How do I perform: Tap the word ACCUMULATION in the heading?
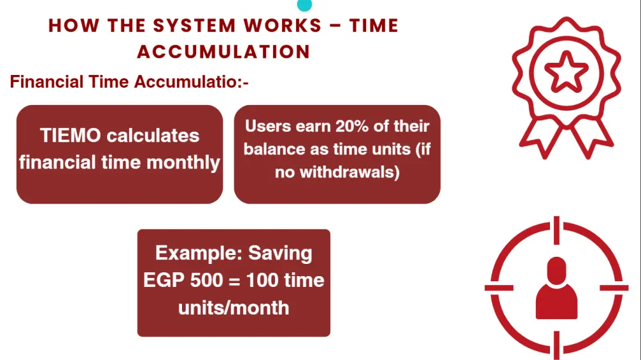pyautogui.click(x=224, y=52)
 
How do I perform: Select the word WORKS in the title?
pyautogui.click(x=283, y=26)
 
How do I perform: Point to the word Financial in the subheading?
pyautogui.click(x=47, y=82)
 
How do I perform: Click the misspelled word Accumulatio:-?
pyautogui.click(x=191, y=82)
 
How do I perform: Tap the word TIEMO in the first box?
pyautogui.click(x=71, y=135)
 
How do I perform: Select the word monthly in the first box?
pyautogui.click(x=183, y=163)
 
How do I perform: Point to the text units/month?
pyautogui.click(x=233, y=307)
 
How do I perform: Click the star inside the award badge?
pyautogui.click(x=566, y=72)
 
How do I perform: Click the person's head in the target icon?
pyautogui.click(x=556, y=271)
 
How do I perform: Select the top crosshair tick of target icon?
pyautogui.click(x=556, y=231)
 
